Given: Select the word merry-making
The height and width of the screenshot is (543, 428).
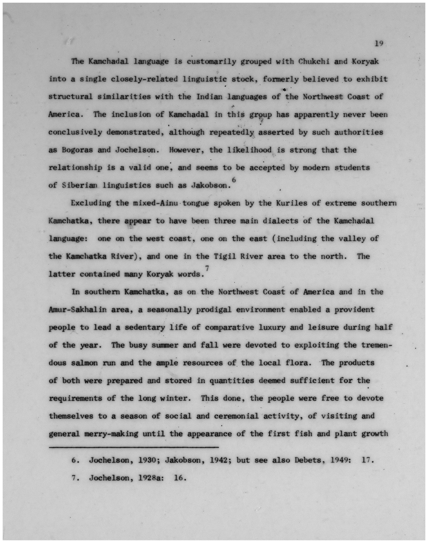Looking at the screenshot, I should coord(111,434).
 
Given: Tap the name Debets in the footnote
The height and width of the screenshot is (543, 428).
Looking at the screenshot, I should coord(309,460).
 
